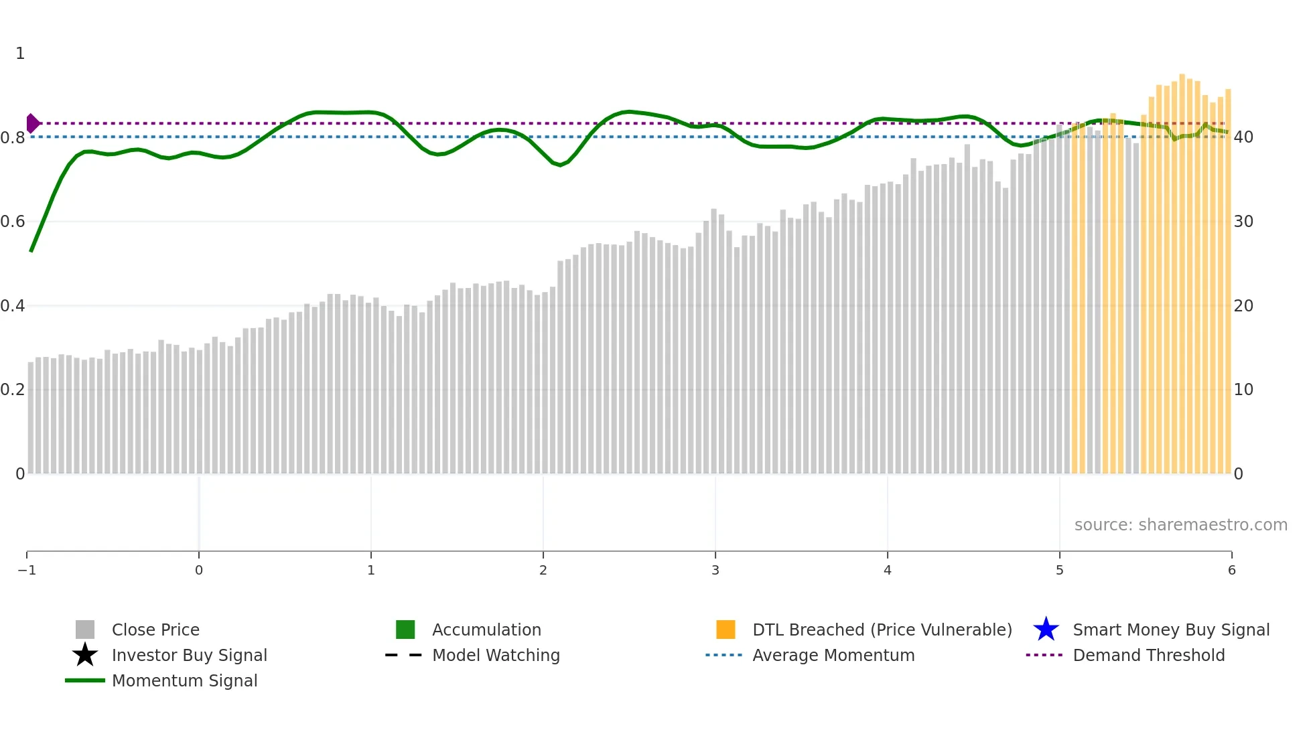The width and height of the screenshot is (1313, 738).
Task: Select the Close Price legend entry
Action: pyautogui.click(x=155, y=630)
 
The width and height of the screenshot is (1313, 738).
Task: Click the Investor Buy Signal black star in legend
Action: pyautogui.click(x=85, y=655)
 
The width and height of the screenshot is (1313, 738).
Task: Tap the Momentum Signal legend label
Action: pyautogui.click(x=184, y=680)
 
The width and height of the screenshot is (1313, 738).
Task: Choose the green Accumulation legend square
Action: pyautogui.click(x=405, y=630)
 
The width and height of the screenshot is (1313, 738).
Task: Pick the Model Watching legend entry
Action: pyautogui.click(x=495, y=655)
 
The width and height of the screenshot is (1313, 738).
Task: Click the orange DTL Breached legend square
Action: pyautogui.click(x=725, y=630)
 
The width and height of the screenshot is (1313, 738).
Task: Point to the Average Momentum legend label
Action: pyautogui.click(x=833, y=655)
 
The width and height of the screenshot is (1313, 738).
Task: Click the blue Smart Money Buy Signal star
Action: pyautogui.click(x=1046, y=630)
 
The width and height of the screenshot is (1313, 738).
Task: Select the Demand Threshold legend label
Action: pyautogui.click(x=1148, y=655)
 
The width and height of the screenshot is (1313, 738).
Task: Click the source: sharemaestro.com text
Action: pyautogui.click(x=1180, y=524)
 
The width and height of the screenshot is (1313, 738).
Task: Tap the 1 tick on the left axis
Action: pyautogui.click(x=20, y=54)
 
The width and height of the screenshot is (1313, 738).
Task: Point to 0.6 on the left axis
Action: pyautogui.click(x=13, y=222)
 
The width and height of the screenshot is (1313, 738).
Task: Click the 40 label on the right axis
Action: pyautogui.click(x=1243, y=137)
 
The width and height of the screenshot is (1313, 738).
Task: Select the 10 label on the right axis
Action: pyautogui.click(x=1243, y=390)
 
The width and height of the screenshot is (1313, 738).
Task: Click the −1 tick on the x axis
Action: pyautogui.click(x=27, y=570)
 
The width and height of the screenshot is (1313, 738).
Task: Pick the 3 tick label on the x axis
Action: pyautogui.click(x=715, y=570)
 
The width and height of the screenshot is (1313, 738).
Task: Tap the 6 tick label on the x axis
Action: pyautogui.click(x=1231, y=570)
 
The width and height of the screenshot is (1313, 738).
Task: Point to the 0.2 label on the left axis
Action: pyautogui.click(x=13, y=390)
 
